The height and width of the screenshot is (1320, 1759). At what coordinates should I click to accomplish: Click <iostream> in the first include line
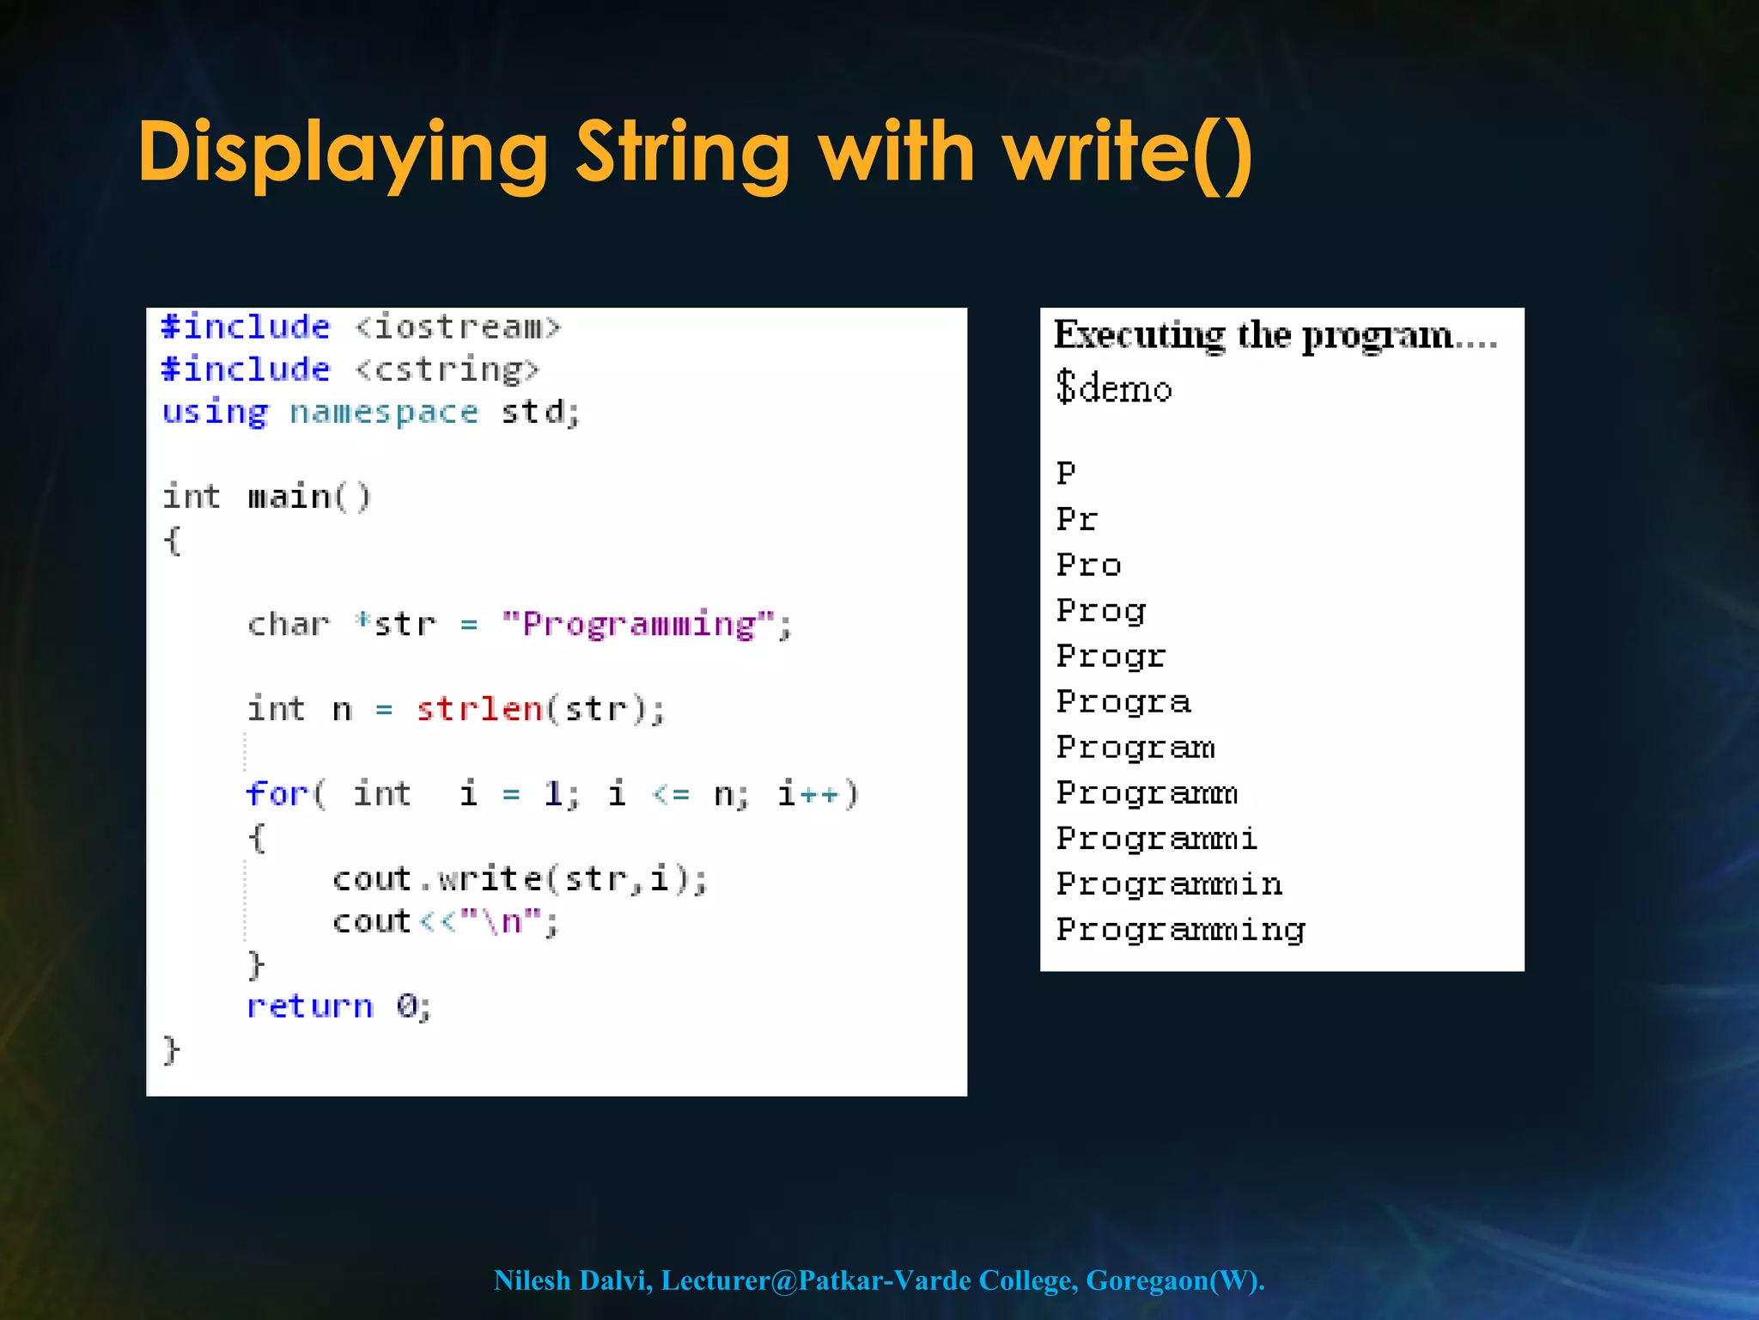[x=458, y=327]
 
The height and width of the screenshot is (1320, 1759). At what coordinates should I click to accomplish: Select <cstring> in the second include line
[x=447, y=370]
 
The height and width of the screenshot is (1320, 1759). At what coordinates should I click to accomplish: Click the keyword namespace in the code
[x=383, y=412]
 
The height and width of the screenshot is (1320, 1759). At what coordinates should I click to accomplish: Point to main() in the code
[x=309, y=497]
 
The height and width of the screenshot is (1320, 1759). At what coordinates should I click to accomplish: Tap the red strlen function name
[x=479, y=710]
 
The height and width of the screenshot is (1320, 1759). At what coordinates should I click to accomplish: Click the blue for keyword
[x=277, y=794]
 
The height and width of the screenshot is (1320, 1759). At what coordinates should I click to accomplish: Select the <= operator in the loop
[x=671, y=794]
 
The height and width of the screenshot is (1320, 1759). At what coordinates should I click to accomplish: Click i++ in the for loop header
[x=807, y=794]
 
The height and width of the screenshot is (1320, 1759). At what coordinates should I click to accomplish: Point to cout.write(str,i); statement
[x=520, y=879]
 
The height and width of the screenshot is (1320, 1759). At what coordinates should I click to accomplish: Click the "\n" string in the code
[x=502, y=922]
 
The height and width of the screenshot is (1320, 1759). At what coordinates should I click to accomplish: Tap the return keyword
[x=310, y=1006]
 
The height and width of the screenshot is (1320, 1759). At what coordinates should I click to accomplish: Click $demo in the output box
[x=1113, y=388]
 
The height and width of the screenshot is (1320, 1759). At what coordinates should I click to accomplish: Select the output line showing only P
[x=1066, y=473]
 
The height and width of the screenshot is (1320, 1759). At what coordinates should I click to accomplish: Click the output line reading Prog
[x=1101, y=611]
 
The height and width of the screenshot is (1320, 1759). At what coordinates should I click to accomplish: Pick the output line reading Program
[x=1135, y=748]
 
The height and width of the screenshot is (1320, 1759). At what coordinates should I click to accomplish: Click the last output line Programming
[x=1180, y=930]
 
